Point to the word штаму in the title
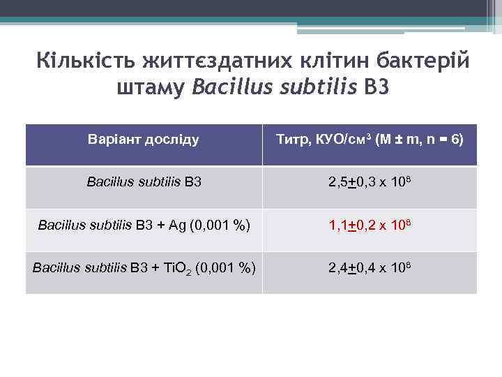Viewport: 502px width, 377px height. [149, 89]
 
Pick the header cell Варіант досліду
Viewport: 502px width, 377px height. [144, 139]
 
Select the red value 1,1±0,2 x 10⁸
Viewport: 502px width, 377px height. [370, 226]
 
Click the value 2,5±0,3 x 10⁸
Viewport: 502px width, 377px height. [370, 183]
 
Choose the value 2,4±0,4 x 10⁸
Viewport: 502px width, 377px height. [370, 267]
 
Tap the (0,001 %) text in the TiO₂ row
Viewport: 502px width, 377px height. [225, 268]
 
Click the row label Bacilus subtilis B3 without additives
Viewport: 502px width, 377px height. [144, 183]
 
